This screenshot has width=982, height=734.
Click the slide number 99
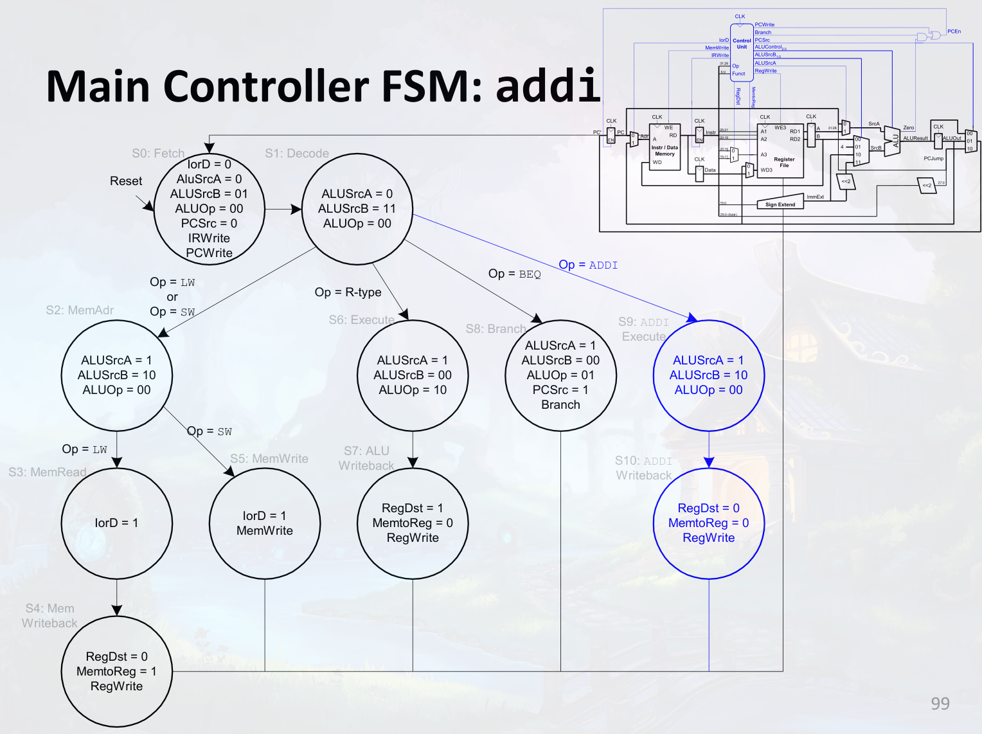[940, 704]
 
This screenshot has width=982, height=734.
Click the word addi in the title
[548, 86]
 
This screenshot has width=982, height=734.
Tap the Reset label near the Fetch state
[126, 181]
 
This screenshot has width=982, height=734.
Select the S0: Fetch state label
[158, 154]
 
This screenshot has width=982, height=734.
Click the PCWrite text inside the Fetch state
[209, 253]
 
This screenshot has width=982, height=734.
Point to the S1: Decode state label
[297, 154]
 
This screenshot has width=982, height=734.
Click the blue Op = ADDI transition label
[588, 265]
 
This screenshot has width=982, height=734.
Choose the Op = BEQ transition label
[514, 274]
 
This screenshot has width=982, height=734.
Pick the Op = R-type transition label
[348, 292]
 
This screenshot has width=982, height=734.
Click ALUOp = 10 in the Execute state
[413, 390]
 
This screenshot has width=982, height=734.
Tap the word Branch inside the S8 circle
[560, 405]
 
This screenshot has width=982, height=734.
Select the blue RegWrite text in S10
[708, 538]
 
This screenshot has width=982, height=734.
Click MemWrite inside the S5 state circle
[265, 531]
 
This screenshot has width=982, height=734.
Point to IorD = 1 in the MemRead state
[116, 523]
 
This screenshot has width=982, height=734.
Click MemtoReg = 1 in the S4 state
[116, 672]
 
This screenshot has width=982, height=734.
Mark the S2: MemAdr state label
[80, 310]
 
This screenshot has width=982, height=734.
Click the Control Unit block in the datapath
[742, 44]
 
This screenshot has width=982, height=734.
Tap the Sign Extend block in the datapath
[780, 204]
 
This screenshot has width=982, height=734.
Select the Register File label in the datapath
[784, 162]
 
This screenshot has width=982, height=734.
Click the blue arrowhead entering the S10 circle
[709, 463]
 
